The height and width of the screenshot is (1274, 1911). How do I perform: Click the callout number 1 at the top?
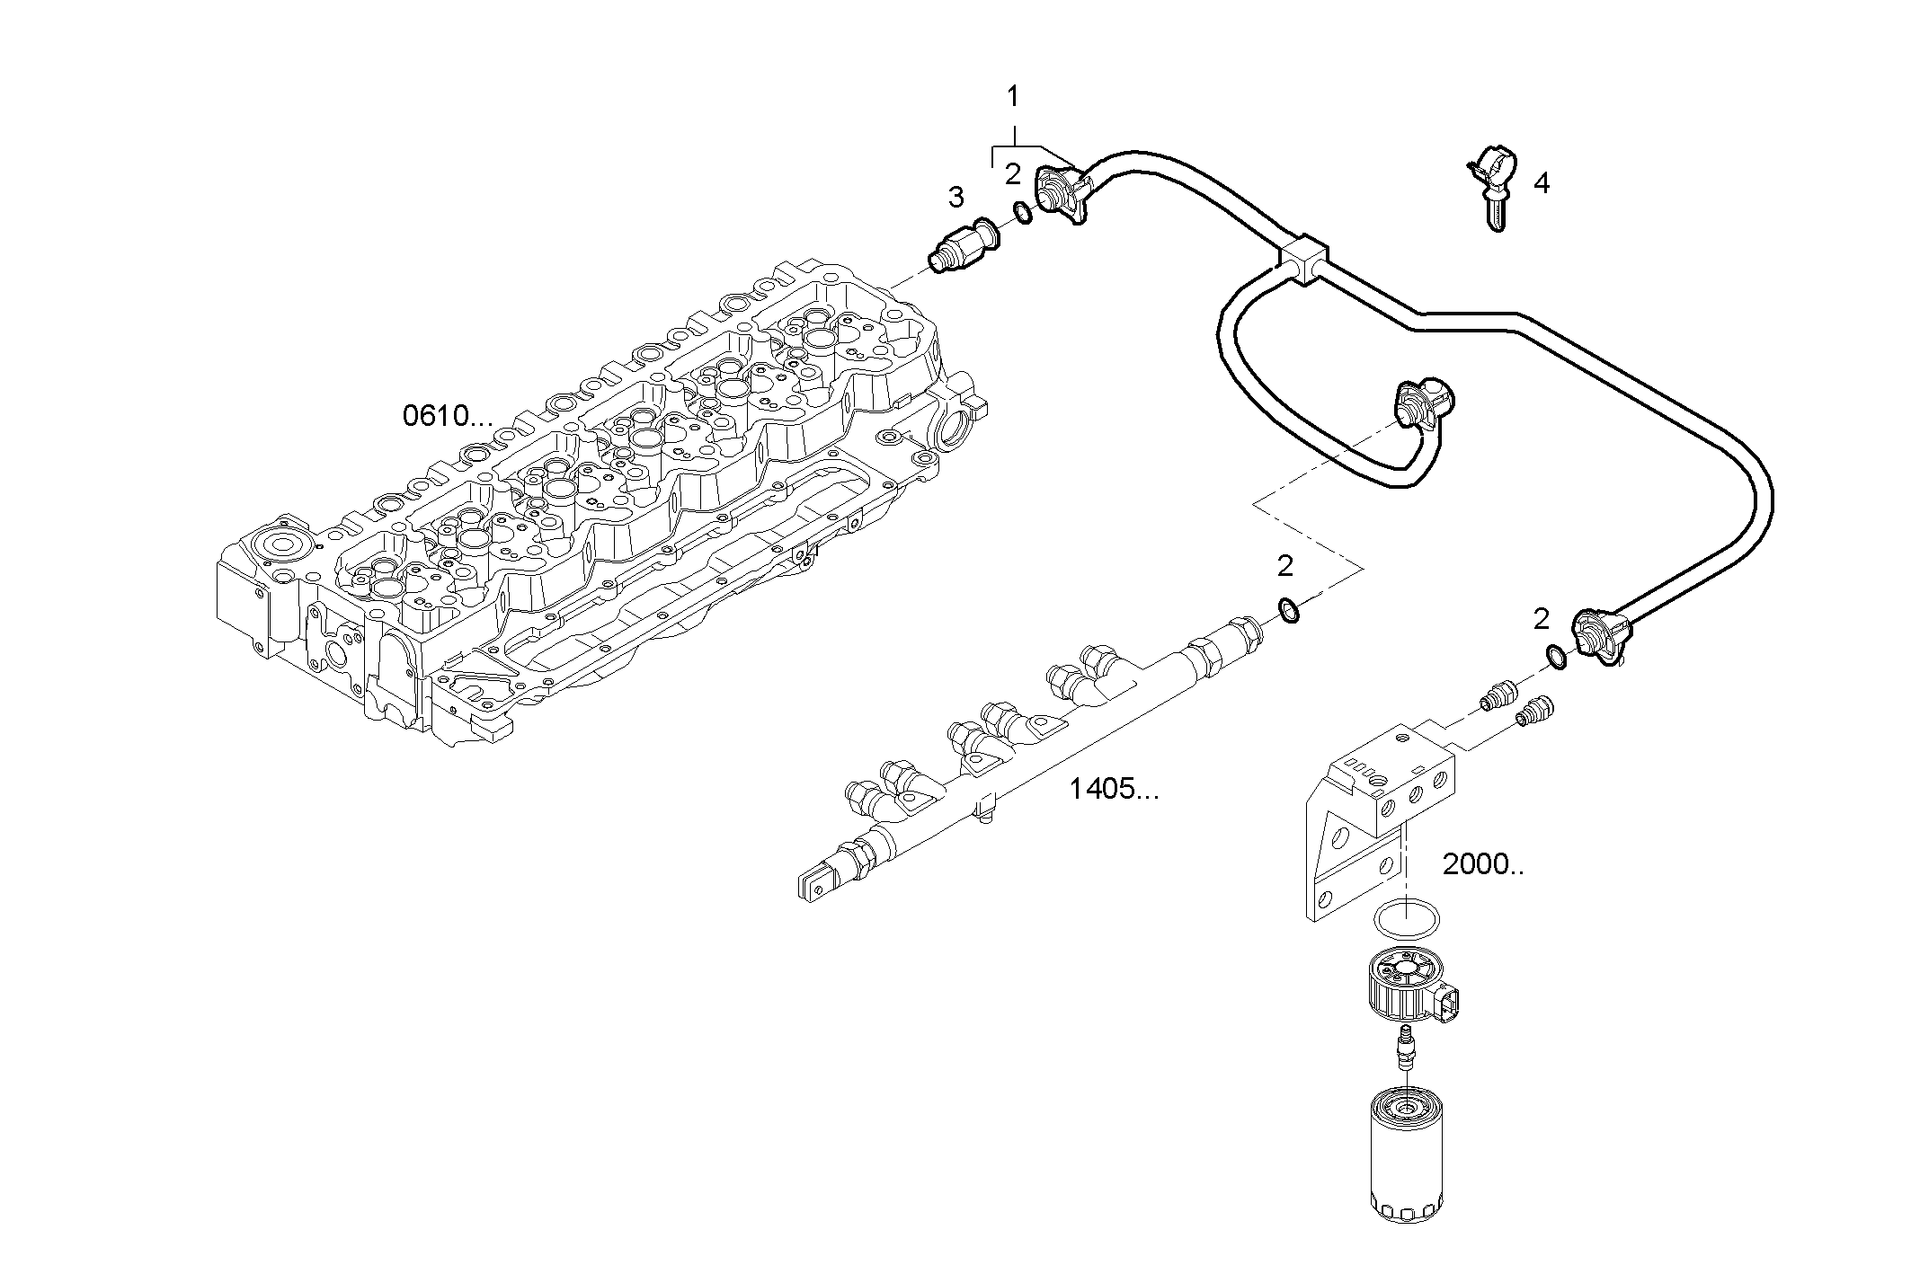(x=1013, y=95)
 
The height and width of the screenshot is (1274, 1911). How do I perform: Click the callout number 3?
(x=955, y=196)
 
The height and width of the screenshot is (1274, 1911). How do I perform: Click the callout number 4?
(x=1541, y=184)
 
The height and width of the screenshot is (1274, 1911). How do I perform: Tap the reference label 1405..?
(x=1114, y=790)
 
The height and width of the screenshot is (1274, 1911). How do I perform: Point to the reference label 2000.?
(x=1482, y=864)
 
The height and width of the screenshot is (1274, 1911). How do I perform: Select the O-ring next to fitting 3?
(x=1023, y=213)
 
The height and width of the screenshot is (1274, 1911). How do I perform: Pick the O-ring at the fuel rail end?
(x=1288, y=611)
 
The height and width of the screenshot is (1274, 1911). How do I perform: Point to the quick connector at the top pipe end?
(x=1062, y=192)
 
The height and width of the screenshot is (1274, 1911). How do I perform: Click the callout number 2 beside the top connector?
(x=1013, y=173)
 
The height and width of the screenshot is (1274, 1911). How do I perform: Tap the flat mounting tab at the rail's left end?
(x=813, y=883)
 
